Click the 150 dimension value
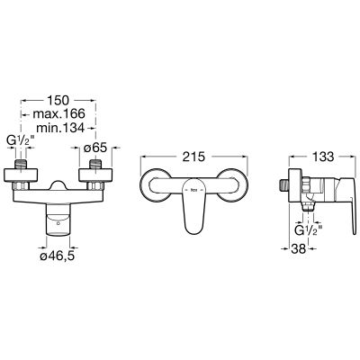click(58, 100)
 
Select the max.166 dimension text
click(58, 114)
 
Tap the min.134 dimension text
click(60, 128)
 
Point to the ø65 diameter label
click(95, 148)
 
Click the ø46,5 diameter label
click(58, 256)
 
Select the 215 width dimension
click(193, 157)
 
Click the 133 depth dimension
click(323, 157)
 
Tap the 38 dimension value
click(298, 248)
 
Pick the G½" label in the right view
click(308, 230)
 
